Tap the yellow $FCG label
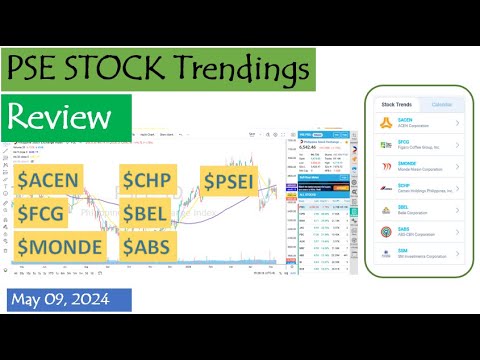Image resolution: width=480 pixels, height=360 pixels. point(46,213)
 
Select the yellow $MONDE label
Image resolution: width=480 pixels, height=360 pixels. point(61,245)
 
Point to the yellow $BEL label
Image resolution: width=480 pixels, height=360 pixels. point(149,213)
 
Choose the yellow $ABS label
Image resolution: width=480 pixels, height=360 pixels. point(151,245)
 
